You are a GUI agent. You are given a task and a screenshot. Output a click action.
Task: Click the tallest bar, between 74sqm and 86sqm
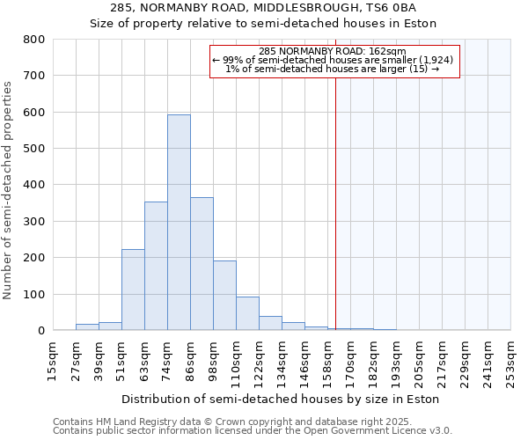179,223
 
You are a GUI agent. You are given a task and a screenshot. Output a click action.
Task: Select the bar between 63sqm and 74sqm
156,266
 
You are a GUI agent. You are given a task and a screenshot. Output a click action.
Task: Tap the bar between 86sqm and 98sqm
202,264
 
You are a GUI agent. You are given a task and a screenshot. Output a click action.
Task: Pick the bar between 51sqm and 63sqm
133,290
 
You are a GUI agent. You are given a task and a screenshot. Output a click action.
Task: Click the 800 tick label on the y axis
34,40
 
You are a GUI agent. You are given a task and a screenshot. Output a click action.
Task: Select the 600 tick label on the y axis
34,113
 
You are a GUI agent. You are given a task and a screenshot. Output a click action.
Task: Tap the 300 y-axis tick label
34,222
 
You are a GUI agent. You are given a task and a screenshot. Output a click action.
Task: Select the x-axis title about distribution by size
280,399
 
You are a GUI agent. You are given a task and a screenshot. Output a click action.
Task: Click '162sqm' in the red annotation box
390,51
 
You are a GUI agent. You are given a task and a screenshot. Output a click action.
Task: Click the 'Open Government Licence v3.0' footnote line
253,431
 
